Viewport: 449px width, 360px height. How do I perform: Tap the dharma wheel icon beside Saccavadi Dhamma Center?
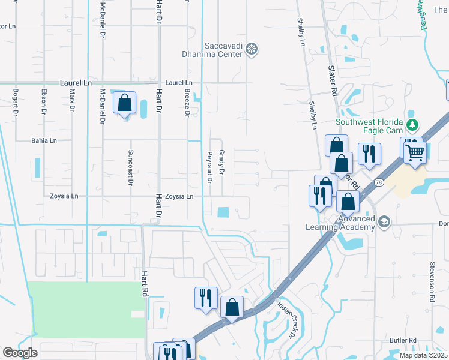(x=253, y=49)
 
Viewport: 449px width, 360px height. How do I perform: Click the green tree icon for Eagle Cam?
(x=412, y=125)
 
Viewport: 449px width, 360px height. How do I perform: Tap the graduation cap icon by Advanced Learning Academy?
(x=384, y=222)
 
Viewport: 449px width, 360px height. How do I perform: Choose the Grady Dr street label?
(x=221, y=163)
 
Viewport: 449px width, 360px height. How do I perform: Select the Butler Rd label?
(x=403, y=340)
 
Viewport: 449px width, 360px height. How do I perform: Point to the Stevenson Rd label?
(x=432, y=281)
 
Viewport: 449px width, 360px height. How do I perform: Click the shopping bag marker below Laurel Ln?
(x=124, y=104)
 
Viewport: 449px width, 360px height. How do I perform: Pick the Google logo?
(x=20, y=353)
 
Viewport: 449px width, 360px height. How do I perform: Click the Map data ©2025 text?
(x=423, y=355)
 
